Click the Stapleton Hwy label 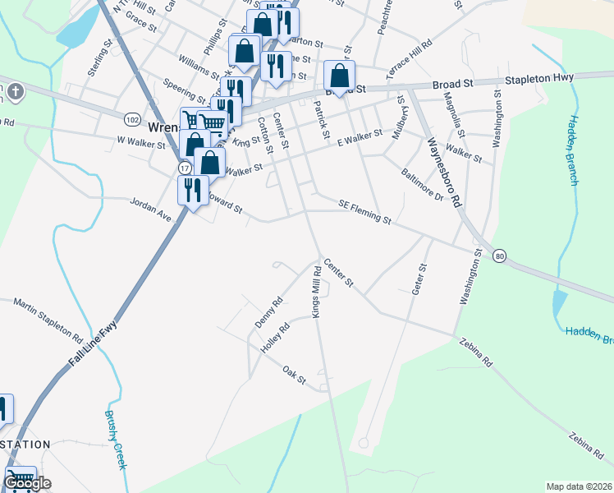[543, 79]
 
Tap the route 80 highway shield [499, 257]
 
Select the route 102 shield [131, 119]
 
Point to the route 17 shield [184, 167]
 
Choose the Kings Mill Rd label [315, 293]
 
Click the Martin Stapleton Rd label [48, 321]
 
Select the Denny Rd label [268, 312]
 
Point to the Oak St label [294, 375]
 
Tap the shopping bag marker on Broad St [340, 77]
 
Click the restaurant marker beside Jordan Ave [192, 191]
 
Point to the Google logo [27, 483]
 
